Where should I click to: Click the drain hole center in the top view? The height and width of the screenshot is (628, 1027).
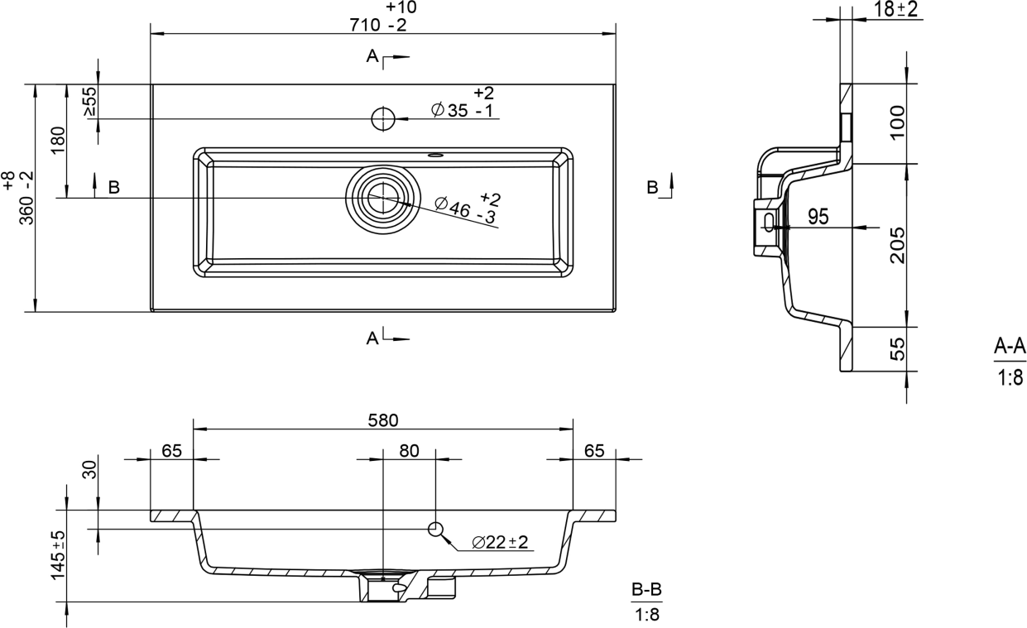(x=383, y=198)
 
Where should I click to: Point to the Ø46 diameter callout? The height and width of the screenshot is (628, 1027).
(x=468, y=209)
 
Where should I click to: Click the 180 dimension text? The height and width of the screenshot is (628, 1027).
(x=58, y=141)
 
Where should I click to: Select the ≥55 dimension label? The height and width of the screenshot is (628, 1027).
(x=90, y=101)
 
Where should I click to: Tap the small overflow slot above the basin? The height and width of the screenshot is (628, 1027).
(x=435, y=155)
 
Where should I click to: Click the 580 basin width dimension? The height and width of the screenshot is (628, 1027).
(x=383, y=420)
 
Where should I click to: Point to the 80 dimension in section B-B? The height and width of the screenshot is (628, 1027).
(x=409, y=451)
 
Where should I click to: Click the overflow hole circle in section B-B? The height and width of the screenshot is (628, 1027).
(x=435, y=529)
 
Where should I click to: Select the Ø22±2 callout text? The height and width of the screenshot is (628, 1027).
(x=500, y=542)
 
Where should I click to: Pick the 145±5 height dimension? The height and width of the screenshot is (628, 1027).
(x=58, y=555)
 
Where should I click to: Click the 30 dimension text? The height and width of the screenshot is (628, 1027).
(x=90, y=469)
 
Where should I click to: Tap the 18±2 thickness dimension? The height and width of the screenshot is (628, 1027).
(x=895, y=9)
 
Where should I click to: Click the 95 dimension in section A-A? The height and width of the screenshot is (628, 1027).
(x=818, y=217)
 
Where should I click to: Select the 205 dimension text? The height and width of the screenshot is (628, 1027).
(x=898, y=245)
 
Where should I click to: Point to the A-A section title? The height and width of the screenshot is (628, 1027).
(x=1010, y=346)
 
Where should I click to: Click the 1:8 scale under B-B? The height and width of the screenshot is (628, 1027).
(x=647, y=615)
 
